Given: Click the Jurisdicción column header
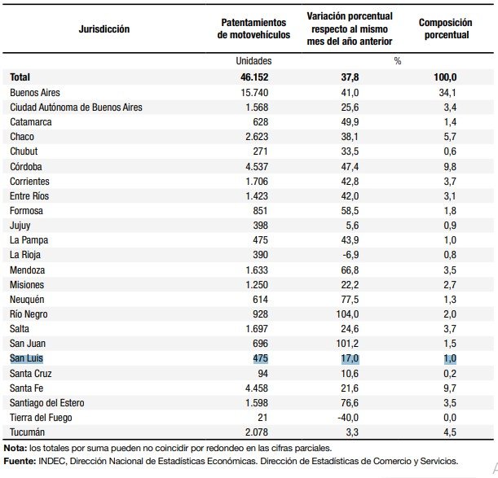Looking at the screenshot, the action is (104, 29).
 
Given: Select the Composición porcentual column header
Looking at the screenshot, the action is (445, 29).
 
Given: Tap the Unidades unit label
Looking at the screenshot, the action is (253, 60).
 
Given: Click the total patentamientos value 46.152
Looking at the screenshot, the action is (254, 77).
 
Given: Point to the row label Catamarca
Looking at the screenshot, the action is (30, 122).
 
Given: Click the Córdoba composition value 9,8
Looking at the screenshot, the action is (450, 167).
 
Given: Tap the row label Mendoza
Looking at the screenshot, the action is (28, 270).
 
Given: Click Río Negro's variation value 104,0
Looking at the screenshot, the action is (347, 314).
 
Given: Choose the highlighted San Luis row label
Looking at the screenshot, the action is (26, 358).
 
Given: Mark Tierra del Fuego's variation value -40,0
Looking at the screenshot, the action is (348, 418).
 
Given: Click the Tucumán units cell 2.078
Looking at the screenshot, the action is (257, 432).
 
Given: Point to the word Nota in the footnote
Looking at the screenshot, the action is (15, 448).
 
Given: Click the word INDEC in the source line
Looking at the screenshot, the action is (52, 461).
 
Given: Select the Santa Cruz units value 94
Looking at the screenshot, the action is (262, 373).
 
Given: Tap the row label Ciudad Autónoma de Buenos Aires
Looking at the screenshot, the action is (76, 107).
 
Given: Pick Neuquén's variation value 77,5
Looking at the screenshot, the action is (350, 300).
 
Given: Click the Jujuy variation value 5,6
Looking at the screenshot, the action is (352, 226).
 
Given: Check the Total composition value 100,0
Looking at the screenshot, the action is (445, 77).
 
